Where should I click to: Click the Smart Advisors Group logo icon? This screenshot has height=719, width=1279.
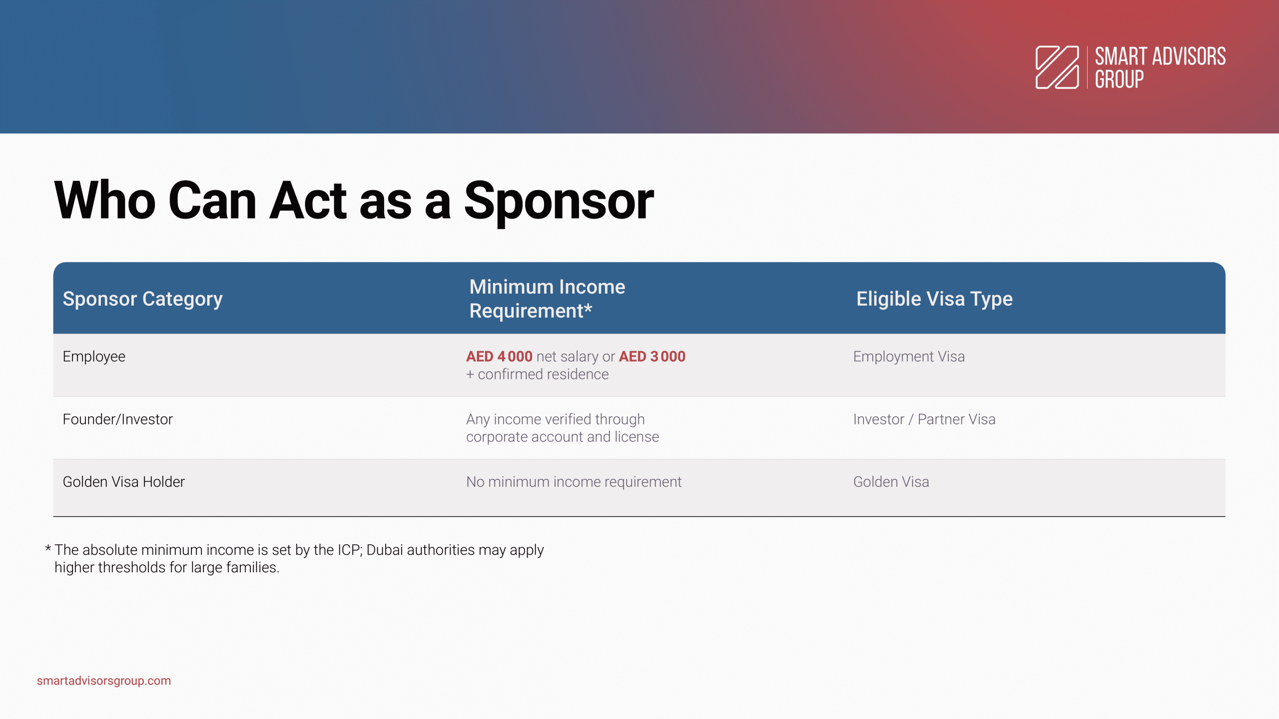click(x=1057, y=67)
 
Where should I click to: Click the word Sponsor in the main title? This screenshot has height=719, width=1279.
click(x=559, y=201)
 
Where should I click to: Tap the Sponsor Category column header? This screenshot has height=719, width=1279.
click(x=142, y=299)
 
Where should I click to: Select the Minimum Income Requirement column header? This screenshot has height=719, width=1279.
click(x=547, y=299)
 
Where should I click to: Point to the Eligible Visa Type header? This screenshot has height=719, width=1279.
click(x=934, y=299)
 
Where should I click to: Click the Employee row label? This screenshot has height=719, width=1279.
click(x=94, y=357)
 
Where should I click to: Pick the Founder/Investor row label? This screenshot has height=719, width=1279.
click(x=117, y=419)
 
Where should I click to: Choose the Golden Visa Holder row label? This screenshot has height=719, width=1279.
click(x=123, y=482)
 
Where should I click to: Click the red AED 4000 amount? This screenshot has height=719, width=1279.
click(x=499, y=357)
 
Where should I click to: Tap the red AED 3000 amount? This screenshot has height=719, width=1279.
click(x=652, y=357)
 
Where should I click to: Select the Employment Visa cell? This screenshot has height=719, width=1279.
click(x=909, y=357)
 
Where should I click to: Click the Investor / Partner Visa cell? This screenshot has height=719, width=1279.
click(x=924, y=419)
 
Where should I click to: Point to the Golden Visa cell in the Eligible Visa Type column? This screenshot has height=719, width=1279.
click(x=891, y=482)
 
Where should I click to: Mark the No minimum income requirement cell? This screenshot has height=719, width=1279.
click(x=574, y=482)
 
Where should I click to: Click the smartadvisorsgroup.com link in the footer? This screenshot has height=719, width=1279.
click(x=104, y=681)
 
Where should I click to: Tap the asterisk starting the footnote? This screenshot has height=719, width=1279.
click(x=48, y=549)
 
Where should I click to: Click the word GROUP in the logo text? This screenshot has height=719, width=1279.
click(x=1119, y=79)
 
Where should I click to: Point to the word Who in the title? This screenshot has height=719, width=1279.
click(x=105, y=201)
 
